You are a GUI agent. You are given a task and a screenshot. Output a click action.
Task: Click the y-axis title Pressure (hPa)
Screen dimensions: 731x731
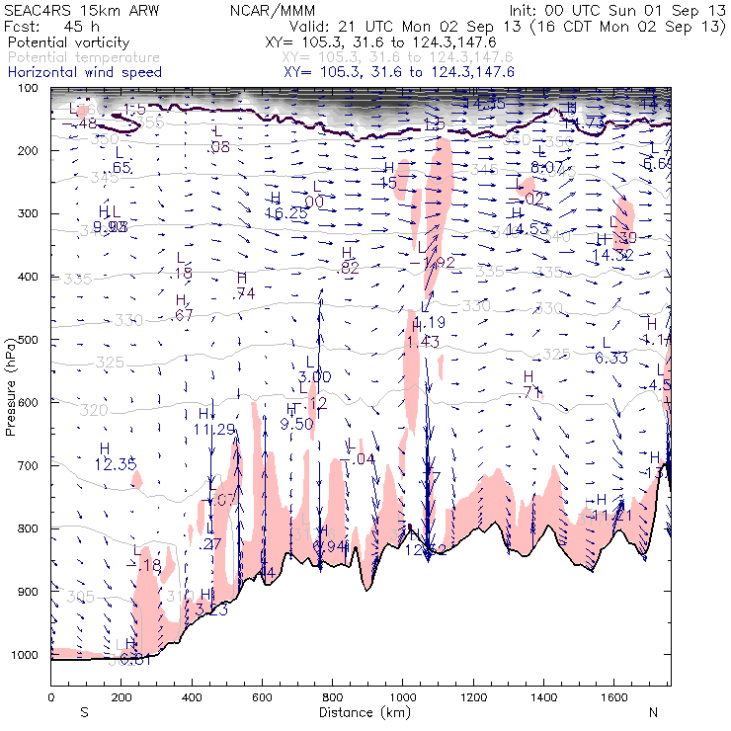[x=11, y=386]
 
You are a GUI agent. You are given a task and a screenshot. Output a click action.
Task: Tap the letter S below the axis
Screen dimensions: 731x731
[x=84, y=712]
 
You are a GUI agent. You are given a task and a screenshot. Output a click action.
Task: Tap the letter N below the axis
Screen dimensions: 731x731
[x=653, y=712]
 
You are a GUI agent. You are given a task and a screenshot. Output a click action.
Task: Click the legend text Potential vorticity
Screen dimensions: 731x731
[x=66, y=44]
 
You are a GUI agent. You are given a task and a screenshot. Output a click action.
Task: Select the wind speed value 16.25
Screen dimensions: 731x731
[x=287, y=212]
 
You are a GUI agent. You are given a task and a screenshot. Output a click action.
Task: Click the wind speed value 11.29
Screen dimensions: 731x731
[x=214, y=429]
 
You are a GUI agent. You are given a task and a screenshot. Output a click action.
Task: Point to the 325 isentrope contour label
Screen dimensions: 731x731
[x=110, y=363]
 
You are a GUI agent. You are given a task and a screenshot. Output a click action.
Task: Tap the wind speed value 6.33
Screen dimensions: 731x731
[x=612, y=358]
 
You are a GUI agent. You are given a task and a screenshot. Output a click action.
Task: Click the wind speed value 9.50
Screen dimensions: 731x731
[x=296, y=424]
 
